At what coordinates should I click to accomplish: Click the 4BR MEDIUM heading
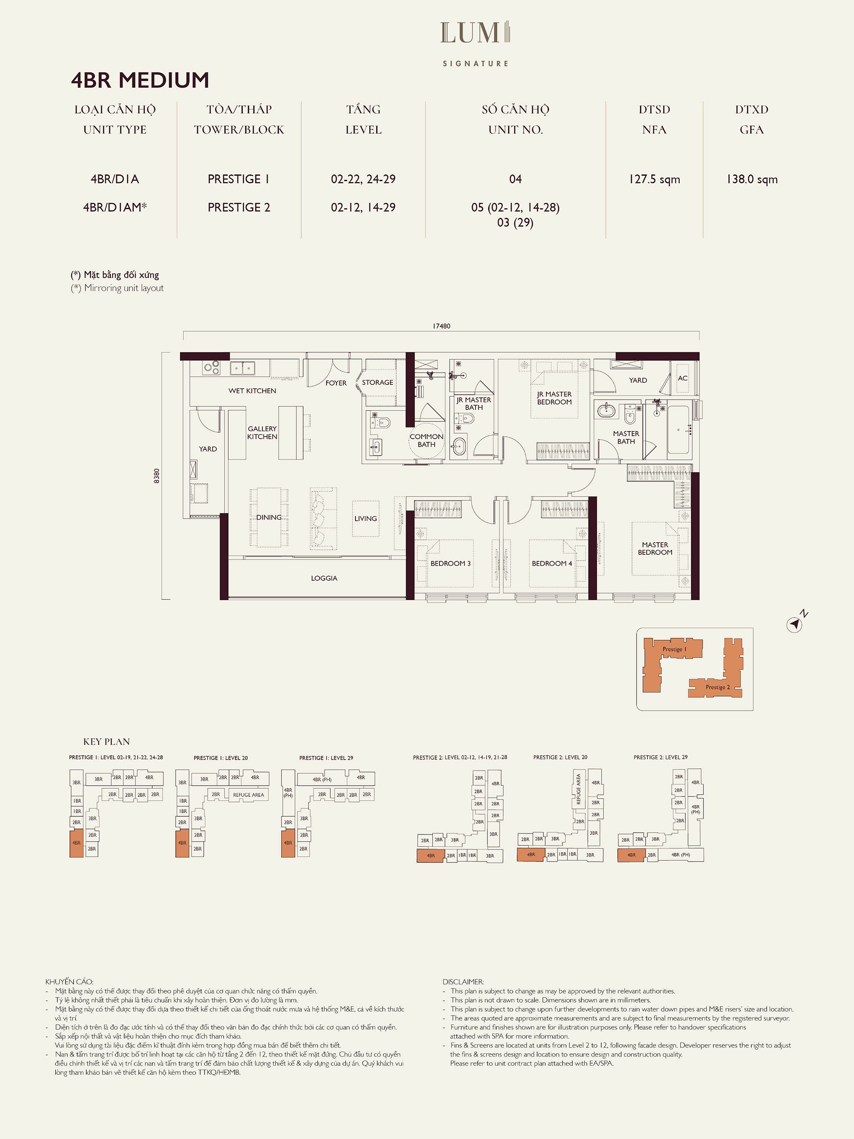[140, 80]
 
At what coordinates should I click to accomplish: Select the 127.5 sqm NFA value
[654, 179]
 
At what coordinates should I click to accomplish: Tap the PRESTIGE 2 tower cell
[239, 207]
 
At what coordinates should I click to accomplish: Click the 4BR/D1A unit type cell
[115, 179]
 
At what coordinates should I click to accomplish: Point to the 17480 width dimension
[441, 326]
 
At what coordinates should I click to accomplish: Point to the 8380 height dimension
[157, 476]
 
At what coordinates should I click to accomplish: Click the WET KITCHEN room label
[252, 391]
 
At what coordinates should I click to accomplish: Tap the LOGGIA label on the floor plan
[324, 578]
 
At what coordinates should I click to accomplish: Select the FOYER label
[336, 383]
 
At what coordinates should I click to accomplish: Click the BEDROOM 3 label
[450, 563]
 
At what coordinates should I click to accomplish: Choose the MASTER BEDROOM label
[655, 548]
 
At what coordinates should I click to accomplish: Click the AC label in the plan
[683, 378]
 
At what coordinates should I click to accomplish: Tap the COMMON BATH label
[426, 440]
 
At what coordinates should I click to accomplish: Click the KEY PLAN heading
[107, 742]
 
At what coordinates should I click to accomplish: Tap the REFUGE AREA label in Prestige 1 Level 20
[248, 795]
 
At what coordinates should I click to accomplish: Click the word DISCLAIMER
[463, 982]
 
